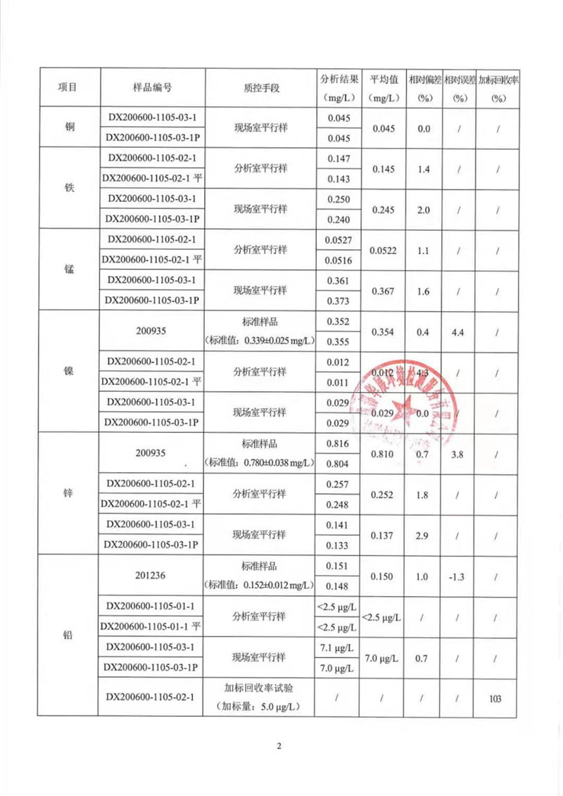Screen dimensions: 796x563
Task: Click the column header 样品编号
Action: pos(152,87)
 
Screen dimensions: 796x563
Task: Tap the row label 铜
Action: pos(70,128)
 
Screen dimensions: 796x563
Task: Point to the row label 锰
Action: pos(70,270)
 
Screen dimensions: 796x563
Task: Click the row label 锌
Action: pos(70,493)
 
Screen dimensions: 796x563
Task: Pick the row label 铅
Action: pos(70,636)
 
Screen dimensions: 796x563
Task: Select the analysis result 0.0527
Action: pos(339,240)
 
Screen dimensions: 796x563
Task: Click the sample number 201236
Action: pos(152,576)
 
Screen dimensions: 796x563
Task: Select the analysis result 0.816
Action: pos(339,443)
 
